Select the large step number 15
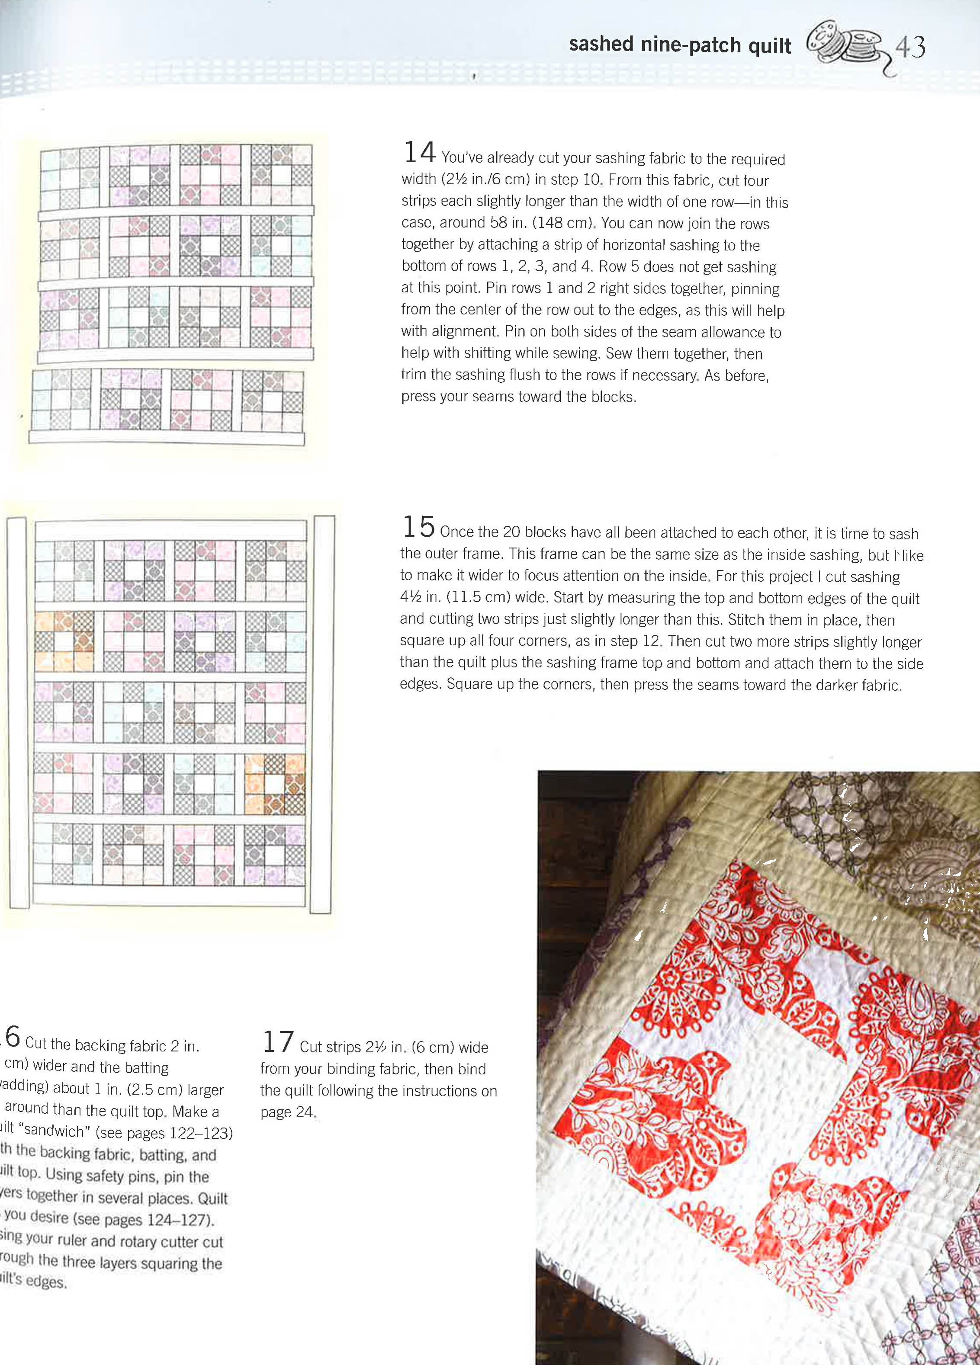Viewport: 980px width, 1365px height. pos(418,527)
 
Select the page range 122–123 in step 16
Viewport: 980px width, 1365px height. pos(200,1133)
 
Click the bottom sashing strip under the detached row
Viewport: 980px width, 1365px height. pos(167,438)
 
